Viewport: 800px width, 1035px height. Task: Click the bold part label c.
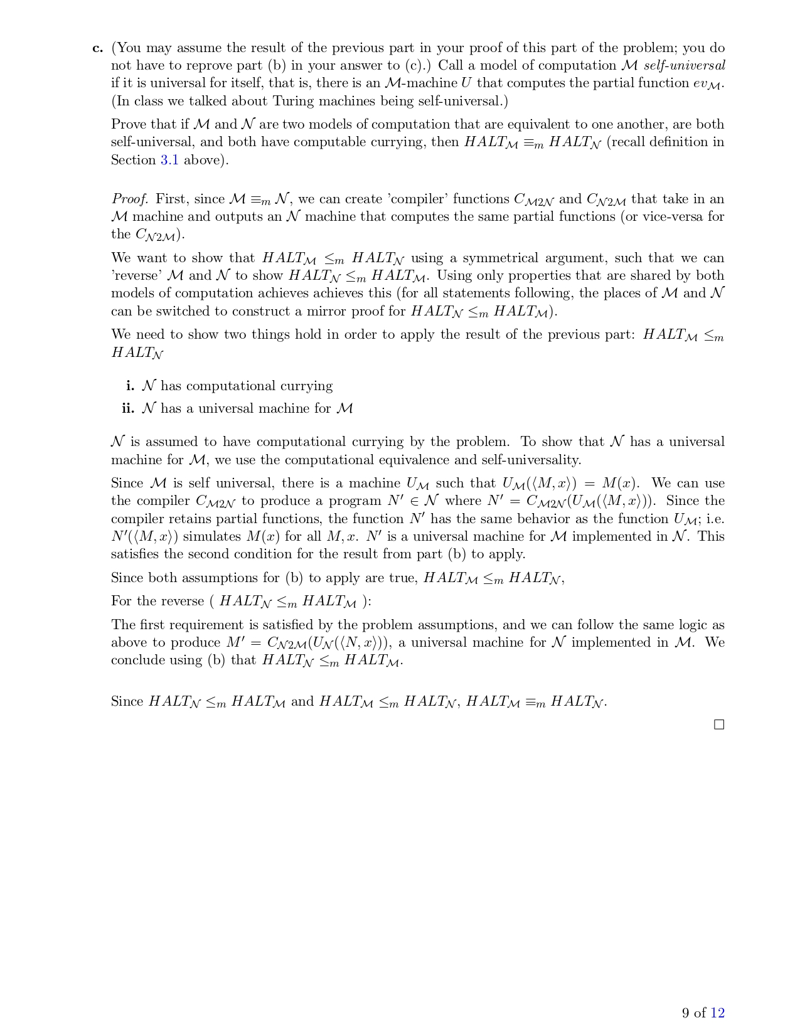pos(97,48)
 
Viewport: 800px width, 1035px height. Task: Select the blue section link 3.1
pos(169,160)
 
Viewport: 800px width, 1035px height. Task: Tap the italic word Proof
pos(130,199)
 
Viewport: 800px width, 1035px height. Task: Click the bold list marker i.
pos(130,386)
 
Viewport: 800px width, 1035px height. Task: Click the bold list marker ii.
pos(128,409)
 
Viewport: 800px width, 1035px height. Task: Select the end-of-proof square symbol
pos(719,724)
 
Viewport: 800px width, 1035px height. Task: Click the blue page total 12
pos(717,1012)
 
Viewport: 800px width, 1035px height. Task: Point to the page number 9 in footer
pos(686,1012)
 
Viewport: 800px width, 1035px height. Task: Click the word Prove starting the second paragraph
pos(130,125)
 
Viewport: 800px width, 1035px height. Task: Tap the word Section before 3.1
pos(133,160)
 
